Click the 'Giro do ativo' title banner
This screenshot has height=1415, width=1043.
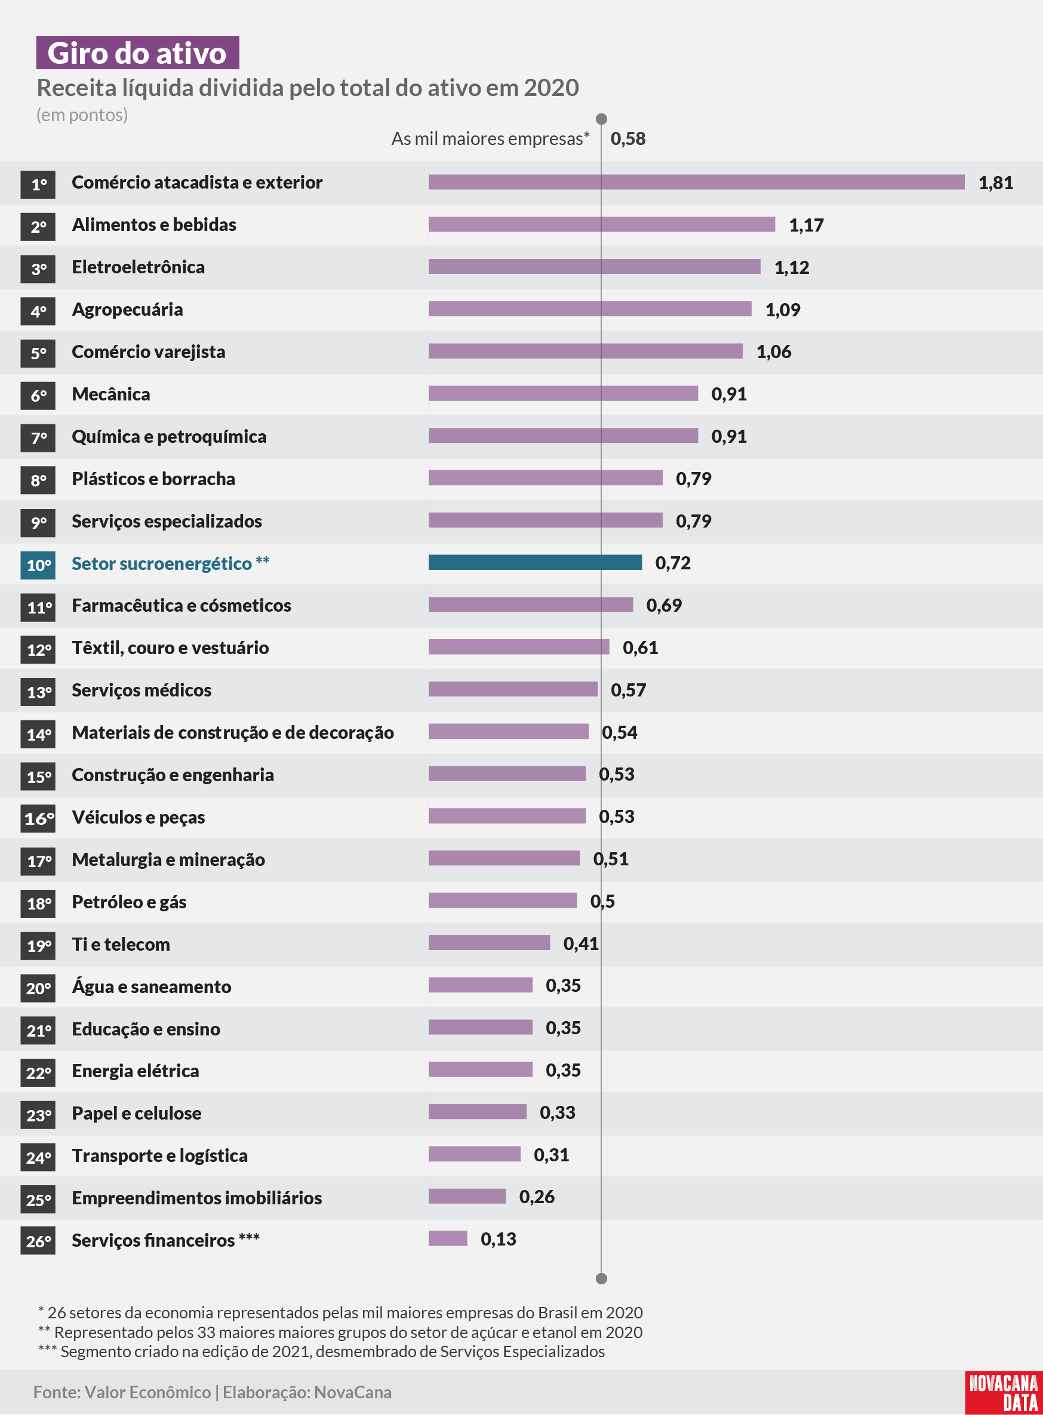pyautogui.click(x=138, y=53)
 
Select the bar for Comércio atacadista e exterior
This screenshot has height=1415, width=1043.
pyautogui.click(x=696, y=183)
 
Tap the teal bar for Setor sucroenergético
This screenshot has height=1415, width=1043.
pyautogui.click(x=536, y=562)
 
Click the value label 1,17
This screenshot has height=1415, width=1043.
pyautogui.click(x=806, y=226)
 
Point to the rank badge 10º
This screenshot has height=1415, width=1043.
pyautogui.click(x=38, y=565)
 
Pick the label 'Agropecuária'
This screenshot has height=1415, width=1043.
pyautogui.click(x=128, y=310)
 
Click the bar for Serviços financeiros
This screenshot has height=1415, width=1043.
pyautogui.click(x=448, y=1238)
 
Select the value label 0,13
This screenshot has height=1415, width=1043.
pyautogui.click(x=499, y=1240)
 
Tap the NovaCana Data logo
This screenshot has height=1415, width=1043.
pyautogui.click(x=1003, y=1393)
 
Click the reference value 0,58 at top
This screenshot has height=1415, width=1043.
pyautogui.click(x=628, y=139)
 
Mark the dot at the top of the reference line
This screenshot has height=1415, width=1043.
pyautogui.click(x=602, y=119)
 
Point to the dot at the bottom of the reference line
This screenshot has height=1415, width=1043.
pyautogui.click(x=602, y=1279)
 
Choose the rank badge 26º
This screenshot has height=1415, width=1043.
pyautogui.click(x=38, y=1241)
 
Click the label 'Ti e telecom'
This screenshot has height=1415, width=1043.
pyautogui.click(x=121, y=945)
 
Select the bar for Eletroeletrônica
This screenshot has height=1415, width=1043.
pyautogui.click(x=595, y=266)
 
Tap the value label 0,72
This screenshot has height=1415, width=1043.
pyautogui.click(x=673, y=563)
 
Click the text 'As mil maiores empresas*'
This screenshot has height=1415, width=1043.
pyautogui.click(x=491, y=139)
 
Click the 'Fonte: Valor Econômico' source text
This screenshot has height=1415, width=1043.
pyautogui.click(x=122, y=1392)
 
